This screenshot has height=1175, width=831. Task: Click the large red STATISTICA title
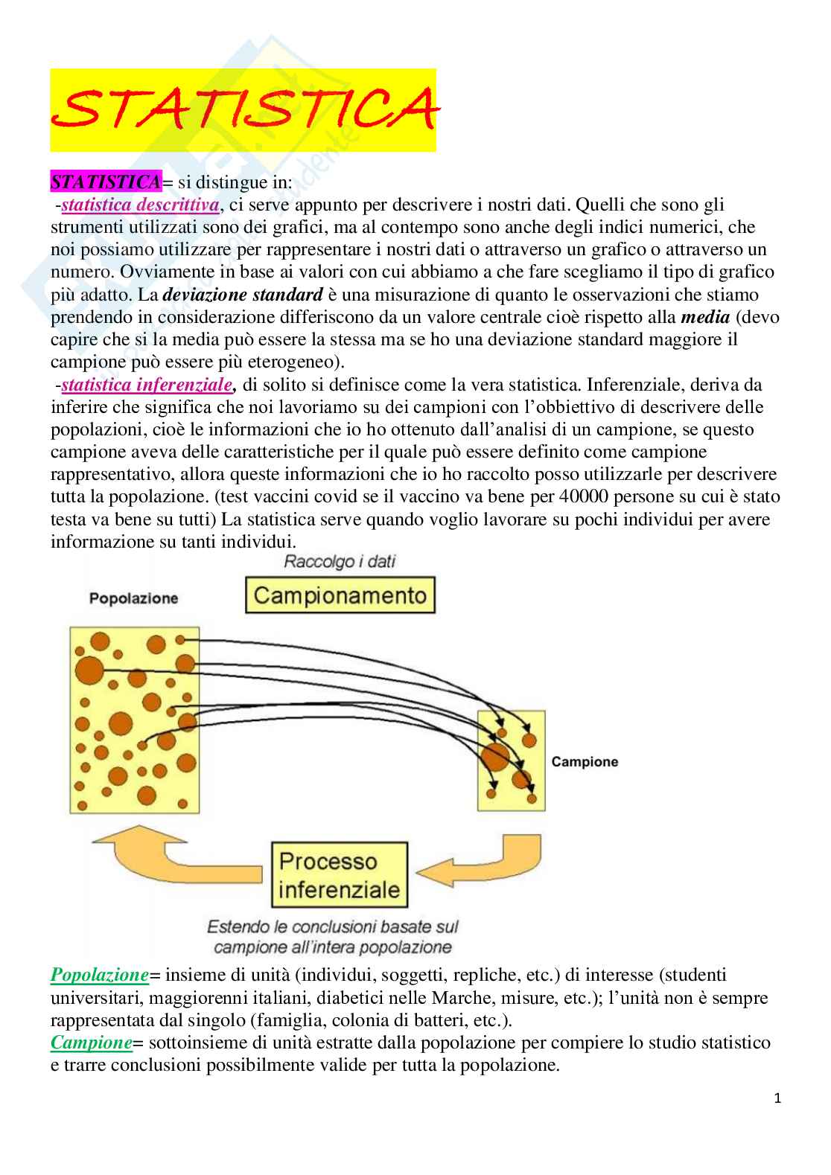click(x=243, y=110)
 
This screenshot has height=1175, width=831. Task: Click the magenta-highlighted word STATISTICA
click(x=105, y=182)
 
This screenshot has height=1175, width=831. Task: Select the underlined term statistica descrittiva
click(x=140, y=205)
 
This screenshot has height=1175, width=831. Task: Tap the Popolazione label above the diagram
click(x=134, y=598)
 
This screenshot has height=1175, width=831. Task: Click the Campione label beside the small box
click(x=585, y=762)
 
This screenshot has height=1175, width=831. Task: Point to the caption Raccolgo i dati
click(x=340, y=561)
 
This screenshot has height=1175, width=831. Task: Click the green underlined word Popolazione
click(x=100, y=975)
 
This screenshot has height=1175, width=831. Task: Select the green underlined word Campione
click(x=91, y=1043)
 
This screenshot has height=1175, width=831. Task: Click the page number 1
click(x=777, y=1098)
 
